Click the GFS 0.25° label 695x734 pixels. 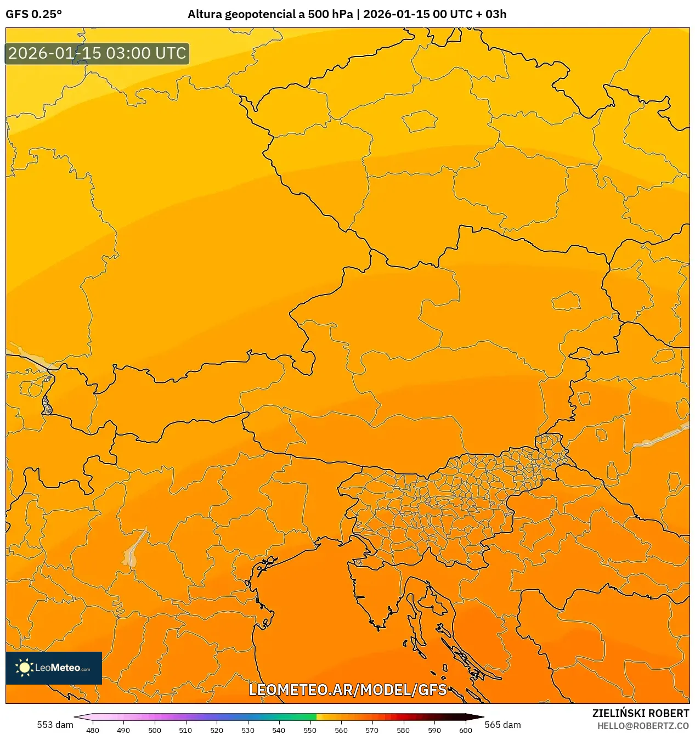pyautogui.click(x=33, y=14)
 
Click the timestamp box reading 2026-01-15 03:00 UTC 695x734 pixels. pyautogui.click(x=97, y=53)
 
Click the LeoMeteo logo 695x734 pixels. pyautogui.click(x=54, y=668)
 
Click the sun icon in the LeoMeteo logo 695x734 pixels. pyautogui.click(x=24, y=668)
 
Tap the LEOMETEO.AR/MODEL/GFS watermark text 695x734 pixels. pyautogui.click(x=348, y=690)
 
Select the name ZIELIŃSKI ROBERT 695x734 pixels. pyautogui.click(x=640, y=713)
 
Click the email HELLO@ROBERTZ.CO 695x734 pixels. pyautogui.click(x=642, y=726)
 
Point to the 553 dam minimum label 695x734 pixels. pyautogui.click(x=55, y=725)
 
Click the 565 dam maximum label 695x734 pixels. pyautogui.click(x=502, y=725)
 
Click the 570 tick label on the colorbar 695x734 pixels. pyautogui.click(x=372, y=730)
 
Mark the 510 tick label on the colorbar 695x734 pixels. pyautogui.click(x=185, y=730)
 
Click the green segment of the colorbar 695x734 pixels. pyautogui.click(x=299, y=717)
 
